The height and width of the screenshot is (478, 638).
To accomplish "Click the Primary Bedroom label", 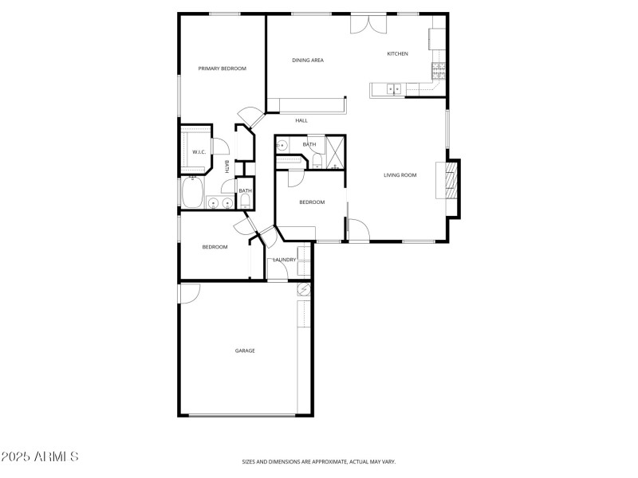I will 223,69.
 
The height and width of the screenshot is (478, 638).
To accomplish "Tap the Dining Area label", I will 308,60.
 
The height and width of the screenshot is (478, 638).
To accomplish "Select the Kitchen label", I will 398,53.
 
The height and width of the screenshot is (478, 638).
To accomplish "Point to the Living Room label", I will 400,175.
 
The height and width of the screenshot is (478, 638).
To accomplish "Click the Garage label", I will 245,351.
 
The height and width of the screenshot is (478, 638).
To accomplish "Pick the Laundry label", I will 285,260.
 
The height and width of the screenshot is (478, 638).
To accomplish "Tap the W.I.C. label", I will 199,152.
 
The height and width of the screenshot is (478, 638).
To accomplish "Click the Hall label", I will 301,121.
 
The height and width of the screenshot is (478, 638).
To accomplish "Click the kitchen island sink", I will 395,89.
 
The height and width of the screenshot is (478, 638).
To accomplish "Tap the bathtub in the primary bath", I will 192,192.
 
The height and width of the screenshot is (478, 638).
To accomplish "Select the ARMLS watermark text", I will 40,457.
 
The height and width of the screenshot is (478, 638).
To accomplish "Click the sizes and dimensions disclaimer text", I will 319,461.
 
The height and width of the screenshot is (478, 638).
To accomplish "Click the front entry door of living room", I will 358,230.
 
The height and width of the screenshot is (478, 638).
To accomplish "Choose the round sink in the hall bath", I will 281,146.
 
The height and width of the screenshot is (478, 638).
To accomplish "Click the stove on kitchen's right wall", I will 438,71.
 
